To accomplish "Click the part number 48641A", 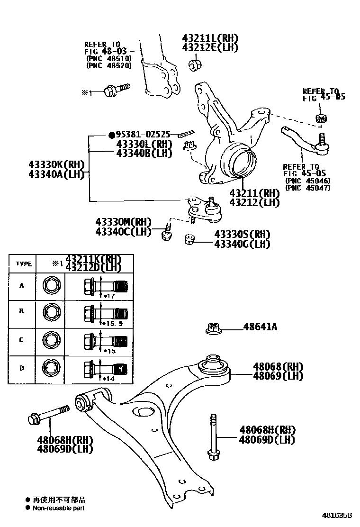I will click(x=260, y=327).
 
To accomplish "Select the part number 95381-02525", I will click(x=141, y=135).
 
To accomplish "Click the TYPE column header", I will click(x=23, y=263).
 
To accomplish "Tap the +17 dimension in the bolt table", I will click(x=110, y=296).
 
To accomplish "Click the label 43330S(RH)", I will click(x=242, y=235).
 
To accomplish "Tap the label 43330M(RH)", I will click(x=123, y=222).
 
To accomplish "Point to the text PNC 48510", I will click(x=109, y=58).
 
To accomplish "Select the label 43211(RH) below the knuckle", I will click(x=254, y=193).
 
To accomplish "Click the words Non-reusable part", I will click(x=59, y=508).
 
